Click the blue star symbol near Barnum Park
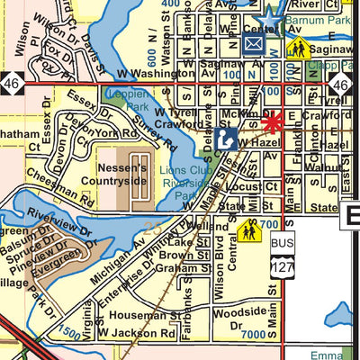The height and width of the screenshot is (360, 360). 268,15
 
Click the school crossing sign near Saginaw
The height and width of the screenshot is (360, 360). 298,47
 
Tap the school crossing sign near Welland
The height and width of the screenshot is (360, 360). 249,232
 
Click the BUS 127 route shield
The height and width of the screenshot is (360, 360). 282,256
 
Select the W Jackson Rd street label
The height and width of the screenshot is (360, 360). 136,332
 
